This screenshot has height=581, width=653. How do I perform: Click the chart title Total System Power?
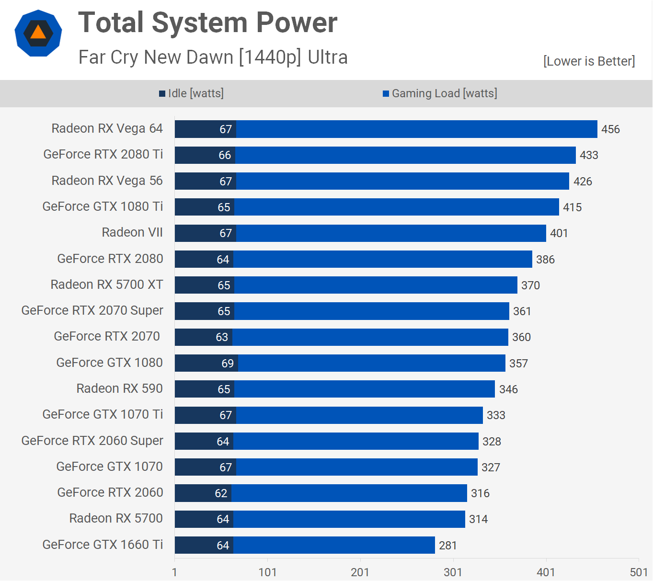click(x=207, y=23)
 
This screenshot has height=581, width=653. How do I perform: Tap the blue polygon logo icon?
click(x=38, y=33)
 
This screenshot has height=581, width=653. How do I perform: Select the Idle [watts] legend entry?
click(x=191, y=93)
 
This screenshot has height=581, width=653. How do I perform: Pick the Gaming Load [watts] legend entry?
click(x=440, y=93)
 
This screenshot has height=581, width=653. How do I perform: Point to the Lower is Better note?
click(x=589, y=61)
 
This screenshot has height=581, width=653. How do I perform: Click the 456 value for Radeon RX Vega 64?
click(x=610, y=129)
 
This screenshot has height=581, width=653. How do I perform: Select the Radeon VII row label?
click(x=132, y=232)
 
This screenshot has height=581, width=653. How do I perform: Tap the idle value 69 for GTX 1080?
click(x=228, y=364)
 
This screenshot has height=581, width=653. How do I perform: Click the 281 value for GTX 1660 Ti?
click(x=447, y=546)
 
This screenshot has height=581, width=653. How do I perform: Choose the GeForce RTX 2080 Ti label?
click(x=103, y=154)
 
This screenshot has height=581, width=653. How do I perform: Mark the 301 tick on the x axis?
click(x=453, y=572)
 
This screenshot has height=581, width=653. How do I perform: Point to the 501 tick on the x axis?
click(x=639, y=572)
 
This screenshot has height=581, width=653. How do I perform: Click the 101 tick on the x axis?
click(x=267, y=572)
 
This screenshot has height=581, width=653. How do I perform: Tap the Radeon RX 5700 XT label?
click(x=107, y=285)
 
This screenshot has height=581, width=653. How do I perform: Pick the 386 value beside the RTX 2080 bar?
click(x=545, y=260)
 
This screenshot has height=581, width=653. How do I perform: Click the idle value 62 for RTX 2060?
click(x=221, y=493)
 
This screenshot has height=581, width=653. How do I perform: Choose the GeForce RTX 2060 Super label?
click(x=92, y=441)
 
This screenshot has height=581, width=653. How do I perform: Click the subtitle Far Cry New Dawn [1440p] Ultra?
click(x=213, y=57)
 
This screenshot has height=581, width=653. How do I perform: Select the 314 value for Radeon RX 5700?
click(x=478, y=519)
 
